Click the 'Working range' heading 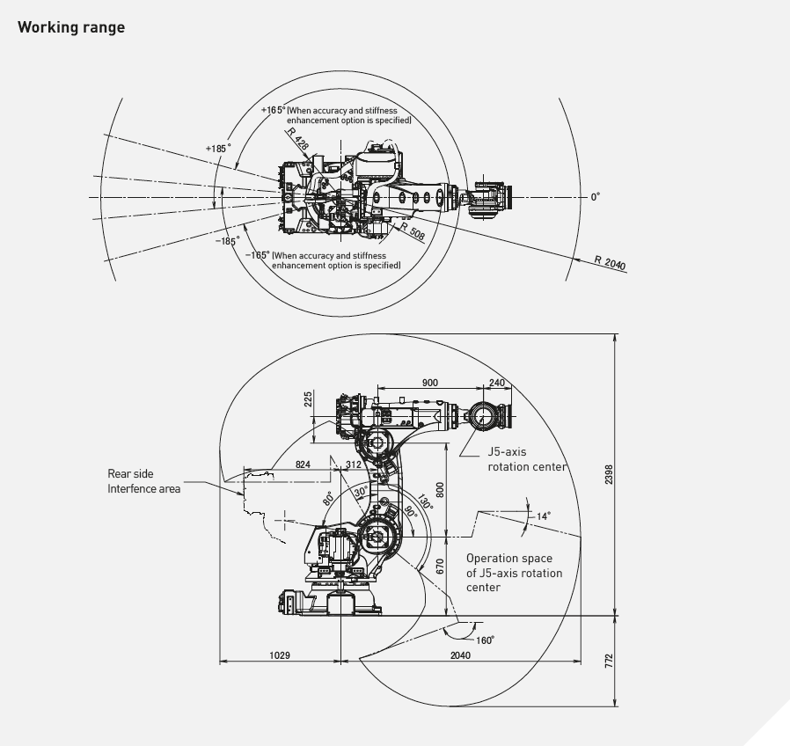[x=71, y=27]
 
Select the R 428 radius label [x=297, y=137]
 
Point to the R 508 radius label [x=411, y=232]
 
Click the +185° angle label [x=218, y=149]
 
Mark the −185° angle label [x=227, y=240]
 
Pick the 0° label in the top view [x=595, y=197]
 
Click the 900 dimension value [x=430, y=383]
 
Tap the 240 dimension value [x=497, y=383]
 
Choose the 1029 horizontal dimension [x=280, y=655]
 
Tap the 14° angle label [x=543, y=516]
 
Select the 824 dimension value [x=303, y=464]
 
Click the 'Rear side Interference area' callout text [x=144, y=480]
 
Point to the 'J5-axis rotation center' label [x=527, y=459]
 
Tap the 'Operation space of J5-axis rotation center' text [x=514, y=572]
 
